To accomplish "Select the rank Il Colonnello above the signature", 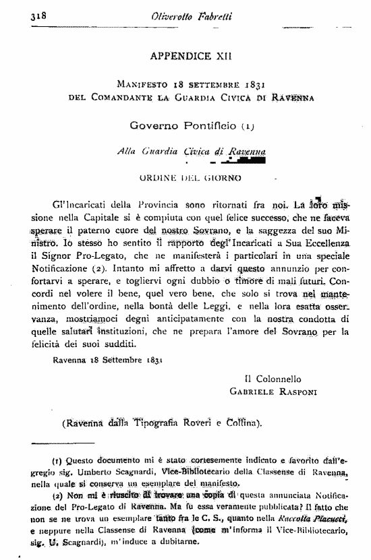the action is click(273, 379).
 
